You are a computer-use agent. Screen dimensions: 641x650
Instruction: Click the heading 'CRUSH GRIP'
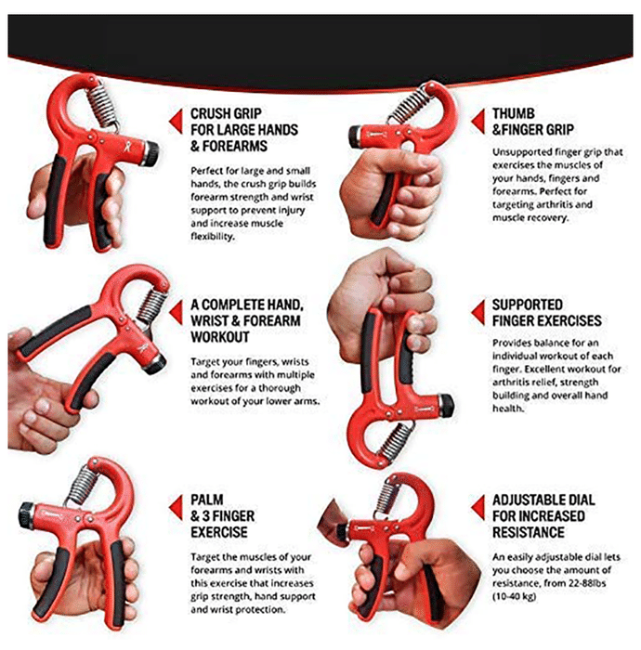[226, 113]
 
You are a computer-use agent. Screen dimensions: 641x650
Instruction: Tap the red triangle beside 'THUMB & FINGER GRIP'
[478, 122]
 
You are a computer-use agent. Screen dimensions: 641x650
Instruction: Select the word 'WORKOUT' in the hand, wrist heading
[220, 337]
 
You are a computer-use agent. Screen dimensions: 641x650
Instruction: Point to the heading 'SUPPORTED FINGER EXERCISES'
[547, 313]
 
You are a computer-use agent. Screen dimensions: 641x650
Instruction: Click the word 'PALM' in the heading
[207, 500]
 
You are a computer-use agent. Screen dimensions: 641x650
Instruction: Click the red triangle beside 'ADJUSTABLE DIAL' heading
[478, 507]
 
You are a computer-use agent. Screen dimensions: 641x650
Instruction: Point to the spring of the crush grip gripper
[102, 104]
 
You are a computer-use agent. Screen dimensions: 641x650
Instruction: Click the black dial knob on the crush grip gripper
[150, 153]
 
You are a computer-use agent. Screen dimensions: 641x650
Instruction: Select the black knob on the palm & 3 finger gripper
[26, 515]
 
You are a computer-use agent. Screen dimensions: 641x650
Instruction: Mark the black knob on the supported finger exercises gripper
[445, 406]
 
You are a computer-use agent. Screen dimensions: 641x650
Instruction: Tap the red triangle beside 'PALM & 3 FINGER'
[176, 507]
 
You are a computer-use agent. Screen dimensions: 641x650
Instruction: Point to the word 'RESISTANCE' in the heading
[529, 532]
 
